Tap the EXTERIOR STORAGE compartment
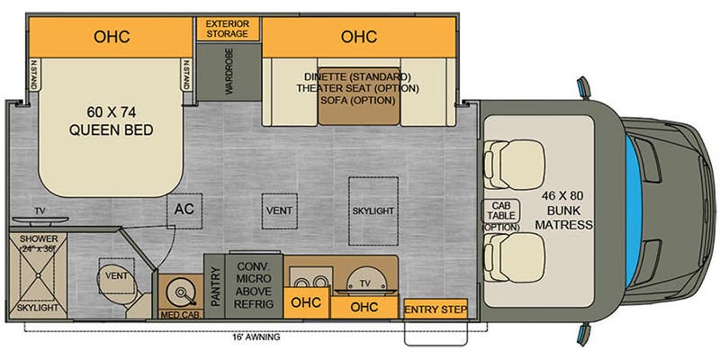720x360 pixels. (x=228, y=28)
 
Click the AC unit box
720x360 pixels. (x=184, y=210)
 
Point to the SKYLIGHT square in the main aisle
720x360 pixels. (x=373, y=210)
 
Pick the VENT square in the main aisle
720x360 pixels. (x=279, y=210)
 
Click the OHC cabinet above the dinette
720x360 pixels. (x=357, y=37)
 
